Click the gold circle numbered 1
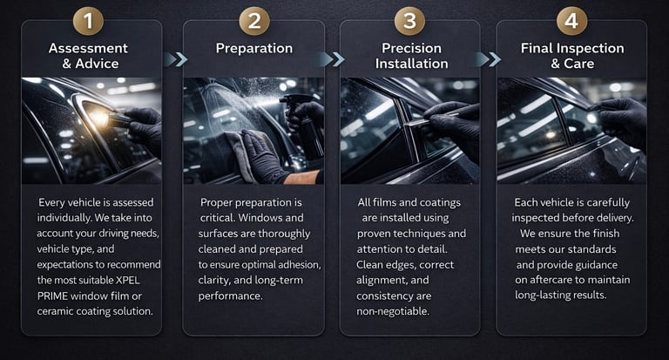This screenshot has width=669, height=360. tap(88, 20)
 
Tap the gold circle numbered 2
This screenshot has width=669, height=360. tap(254, 20)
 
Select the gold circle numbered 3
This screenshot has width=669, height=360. tap(409, 20)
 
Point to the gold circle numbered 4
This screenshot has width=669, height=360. tap(571, 20)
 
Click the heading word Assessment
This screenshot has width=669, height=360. tap(88, 48)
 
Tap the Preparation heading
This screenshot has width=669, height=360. tap(254, 48)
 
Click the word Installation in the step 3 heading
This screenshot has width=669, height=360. tap(412, 64)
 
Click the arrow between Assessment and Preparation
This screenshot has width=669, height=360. tap(175, 59)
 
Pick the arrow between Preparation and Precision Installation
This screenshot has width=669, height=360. tap(333, 59)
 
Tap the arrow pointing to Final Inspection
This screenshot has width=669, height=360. tap(489, 59)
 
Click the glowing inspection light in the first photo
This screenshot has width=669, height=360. tap(99, 118)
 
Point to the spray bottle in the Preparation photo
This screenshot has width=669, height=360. tap(304, 125)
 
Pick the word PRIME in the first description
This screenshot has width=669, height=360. tap(52, 296)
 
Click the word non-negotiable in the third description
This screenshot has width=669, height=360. tap(393, 311)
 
